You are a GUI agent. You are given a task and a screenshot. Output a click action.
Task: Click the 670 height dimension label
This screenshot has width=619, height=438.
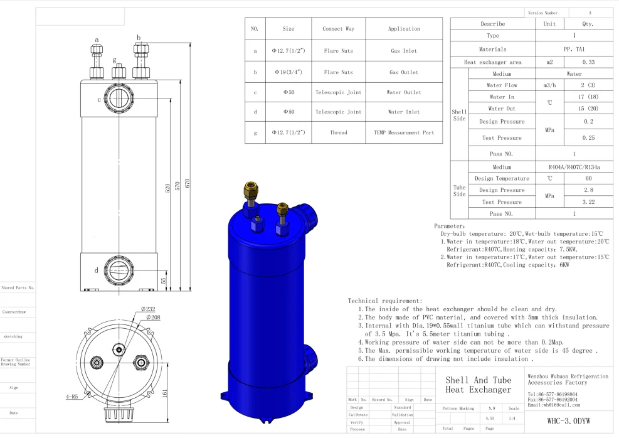click(x=188, y=183)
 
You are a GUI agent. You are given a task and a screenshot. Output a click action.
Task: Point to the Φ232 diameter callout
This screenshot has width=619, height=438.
click(x=148, y=309)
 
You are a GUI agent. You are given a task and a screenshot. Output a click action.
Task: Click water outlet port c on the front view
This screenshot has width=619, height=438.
click(x=118, y=99)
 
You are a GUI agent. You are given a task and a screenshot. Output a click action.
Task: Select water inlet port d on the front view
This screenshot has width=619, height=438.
click(x=118, y=270)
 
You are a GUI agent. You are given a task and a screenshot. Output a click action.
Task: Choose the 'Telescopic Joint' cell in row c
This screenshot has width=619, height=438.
click(x=337, y=92)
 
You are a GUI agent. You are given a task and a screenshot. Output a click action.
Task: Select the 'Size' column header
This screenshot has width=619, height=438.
click(x=288, y=28)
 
